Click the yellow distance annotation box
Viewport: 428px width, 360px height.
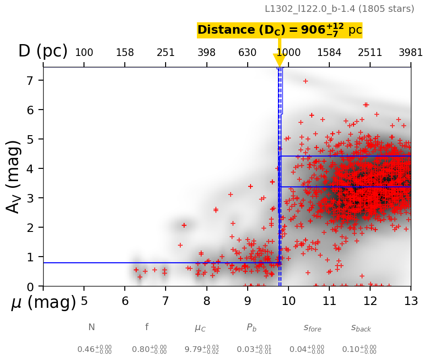279,30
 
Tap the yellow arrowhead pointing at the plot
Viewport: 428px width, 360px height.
279,60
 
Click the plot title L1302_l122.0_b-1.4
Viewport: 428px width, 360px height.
339,9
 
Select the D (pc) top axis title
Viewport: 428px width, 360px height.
43,51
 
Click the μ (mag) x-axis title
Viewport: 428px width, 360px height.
44,303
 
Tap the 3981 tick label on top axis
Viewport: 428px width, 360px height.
410,53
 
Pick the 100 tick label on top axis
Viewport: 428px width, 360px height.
84,53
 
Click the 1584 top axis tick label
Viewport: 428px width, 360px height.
329,53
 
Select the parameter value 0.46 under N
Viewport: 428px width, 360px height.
94,350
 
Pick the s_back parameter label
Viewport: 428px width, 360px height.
361,328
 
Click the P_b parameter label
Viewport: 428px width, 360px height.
251,327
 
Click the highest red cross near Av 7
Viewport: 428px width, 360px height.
306,81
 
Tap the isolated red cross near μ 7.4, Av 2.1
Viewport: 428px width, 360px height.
184,225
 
